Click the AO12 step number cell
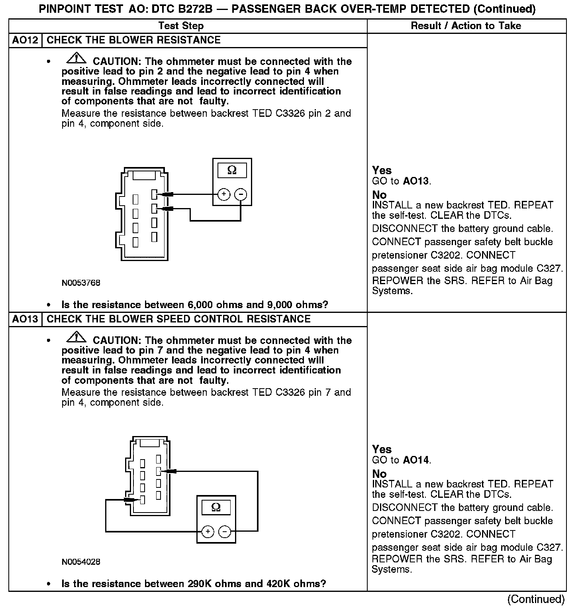pos(25,40)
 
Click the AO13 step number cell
pos(25,319)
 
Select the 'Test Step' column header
pos(181,26)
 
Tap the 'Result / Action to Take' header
pos(466,26)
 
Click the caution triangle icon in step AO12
pos(77,59)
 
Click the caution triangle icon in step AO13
pos(77,338)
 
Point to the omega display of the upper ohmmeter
pos(232,171)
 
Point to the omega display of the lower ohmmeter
pos(216,507)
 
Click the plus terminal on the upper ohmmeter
pos(224,194)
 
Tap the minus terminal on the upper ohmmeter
pos(241,194)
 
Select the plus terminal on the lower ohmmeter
pos(208,532)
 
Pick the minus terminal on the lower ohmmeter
pos(225,532)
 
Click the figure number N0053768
pos(81,283)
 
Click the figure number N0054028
pos(81,562)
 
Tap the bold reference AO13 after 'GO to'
pos(416,181)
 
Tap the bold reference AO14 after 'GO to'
pos(416,460)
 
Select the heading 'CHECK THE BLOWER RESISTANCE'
pos(134,40)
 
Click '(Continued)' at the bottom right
pos(536,599)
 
